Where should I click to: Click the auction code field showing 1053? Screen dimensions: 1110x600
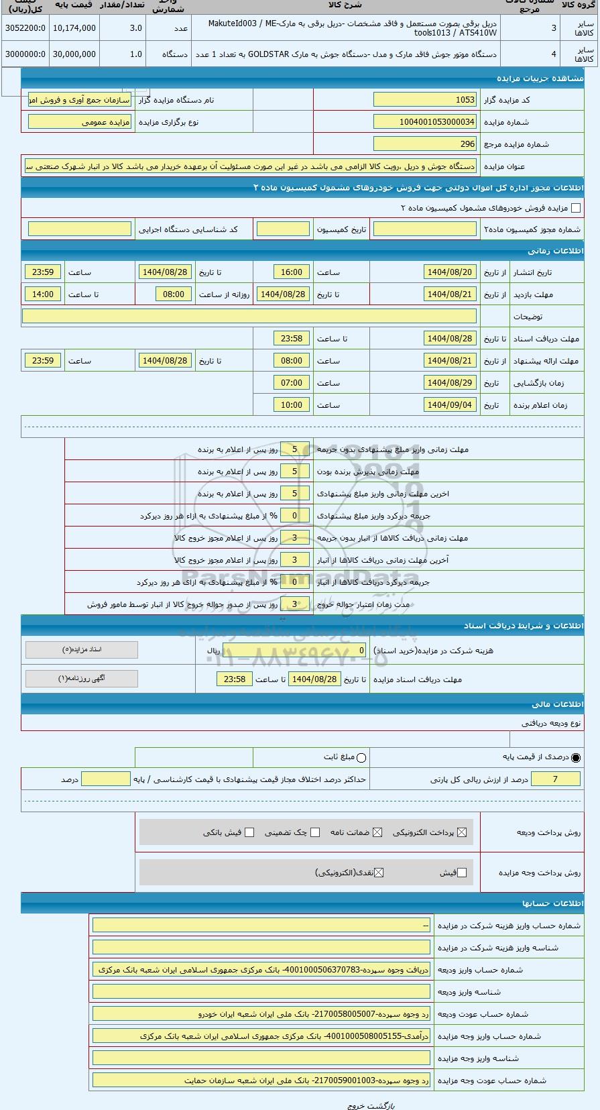[424, 100]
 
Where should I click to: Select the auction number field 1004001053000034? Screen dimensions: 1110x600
[424, 122]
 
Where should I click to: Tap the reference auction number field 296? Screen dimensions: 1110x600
[424, 144]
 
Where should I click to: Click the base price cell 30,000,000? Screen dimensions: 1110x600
[74, 54]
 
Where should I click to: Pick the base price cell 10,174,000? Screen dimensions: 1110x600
[74, 28]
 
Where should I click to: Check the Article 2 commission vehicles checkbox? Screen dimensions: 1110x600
[576, 208]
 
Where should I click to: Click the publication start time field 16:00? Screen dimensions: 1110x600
[292, 272]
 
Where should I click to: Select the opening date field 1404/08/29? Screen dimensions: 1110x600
[450, 383]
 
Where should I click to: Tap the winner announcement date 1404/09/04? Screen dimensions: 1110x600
[450, 405]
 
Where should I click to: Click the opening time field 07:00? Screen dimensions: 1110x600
[292, 383]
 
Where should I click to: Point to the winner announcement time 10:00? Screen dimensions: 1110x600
[292, 405]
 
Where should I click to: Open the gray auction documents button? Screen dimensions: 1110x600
[81, 650]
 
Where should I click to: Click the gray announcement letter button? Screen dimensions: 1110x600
[81, 679]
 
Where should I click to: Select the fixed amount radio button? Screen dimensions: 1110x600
[362, 758]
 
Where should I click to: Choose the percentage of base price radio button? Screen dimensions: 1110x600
[576, 758]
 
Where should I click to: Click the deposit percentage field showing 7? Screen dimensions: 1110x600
[555, 779]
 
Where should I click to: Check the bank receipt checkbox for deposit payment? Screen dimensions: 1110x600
[249, 832]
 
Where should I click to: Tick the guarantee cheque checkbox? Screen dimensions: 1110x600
[315, 832]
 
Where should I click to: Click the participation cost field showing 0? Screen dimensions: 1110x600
[295, 651]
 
